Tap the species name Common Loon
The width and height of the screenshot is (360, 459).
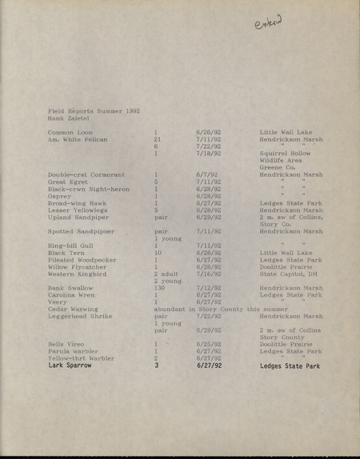tap(70, 132)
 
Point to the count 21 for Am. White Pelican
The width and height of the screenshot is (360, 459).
tap(158, 139)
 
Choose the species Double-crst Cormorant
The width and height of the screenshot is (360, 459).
tap(86, 174)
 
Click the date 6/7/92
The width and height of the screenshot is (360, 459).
tap(206, 174)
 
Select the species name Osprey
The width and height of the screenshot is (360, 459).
tap(59, 196)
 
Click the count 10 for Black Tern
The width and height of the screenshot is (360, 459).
tap(158, 253)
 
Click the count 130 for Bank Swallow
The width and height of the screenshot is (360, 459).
tap(159, 288)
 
